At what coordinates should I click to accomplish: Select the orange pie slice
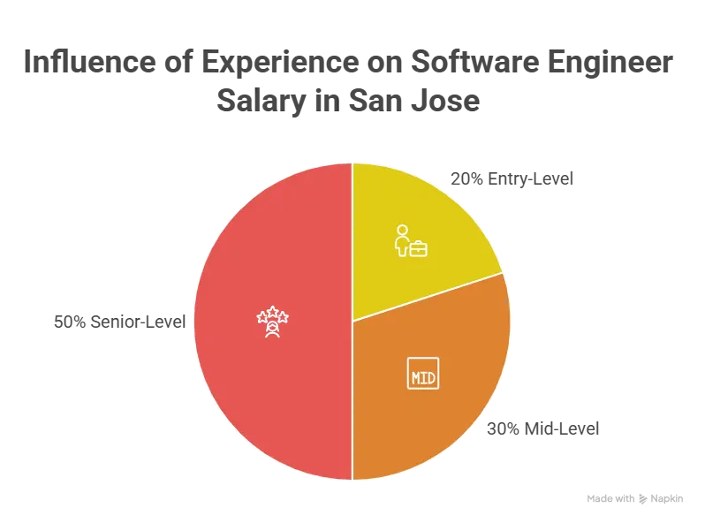tap(433, 398)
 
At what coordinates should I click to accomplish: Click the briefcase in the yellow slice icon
tap(417, 248)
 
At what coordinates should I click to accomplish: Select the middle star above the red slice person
tap(273, 311)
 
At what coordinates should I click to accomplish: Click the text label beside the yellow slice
tap(512, 180)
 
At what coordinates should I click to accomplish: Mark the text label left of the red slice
tap(121, 322)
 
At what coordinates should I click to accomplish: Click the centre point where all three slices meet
tap(352, 321)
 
